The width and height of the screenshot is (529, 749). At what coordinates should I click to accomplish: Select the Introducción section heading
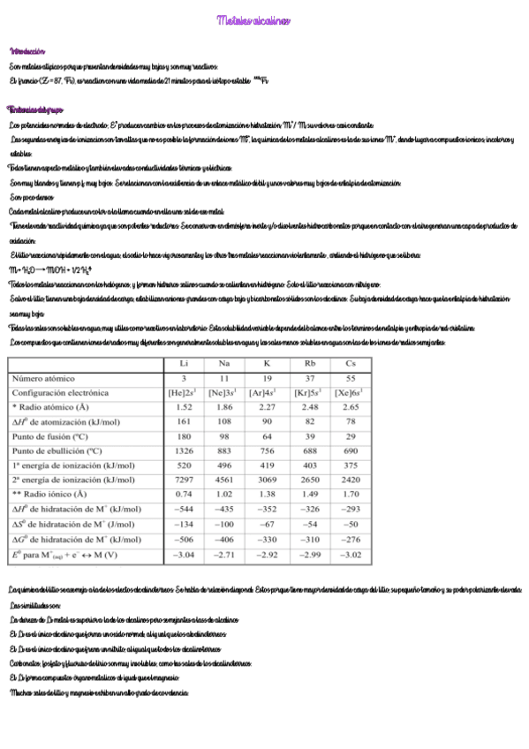click(x=27, y=52)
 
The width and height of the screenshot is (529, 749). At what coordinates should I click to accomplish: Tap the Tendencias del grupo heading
click(x=35, y=110)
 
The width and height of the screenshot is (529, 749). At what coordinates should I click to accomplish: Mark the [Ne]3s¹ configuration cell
click(x=225, y=392)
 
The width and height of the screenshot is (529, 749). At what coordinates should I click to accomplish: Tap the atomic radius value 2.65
click(x=351, y=406)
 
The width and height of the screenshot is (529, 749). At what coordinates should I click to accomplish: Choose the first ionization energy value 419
click(x=267, y=465)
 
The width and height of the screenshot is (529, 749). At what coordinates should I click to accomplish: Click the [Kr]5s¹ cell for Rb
click(x=309, y=392)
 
